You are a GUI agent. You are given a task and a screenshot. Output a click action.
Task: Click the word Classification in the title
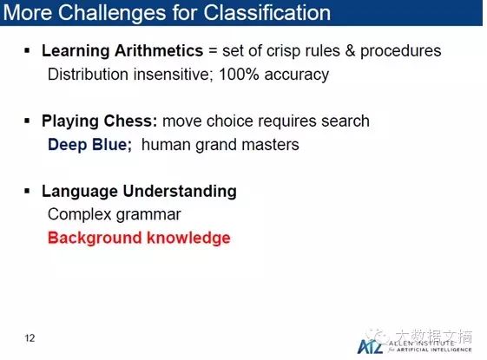pyautogui.click(x=267, y=12)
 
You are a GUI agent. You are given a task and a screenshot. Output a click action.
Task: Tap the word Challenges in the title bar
pyautogui.click(x=112, y=13)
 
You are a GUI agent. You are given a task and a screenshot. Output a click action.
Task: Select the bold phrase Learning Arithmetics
pyautogui.click(x=122, y=51)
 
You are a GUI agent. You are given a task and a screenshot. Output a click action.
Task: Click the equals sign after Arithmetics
pyautogui.click(x=213, y=50)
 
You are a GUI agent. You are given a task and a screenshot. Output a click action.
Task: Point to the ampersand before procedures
pyautogui.click(x=350, y=50)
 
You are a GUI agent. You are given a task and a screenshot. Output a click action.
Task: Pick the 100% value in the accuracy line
pyautogui.click(x=239, y=75)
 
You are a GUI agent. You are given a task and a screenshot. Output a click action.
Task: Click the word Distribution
pyautogui.click(x=88, y=75)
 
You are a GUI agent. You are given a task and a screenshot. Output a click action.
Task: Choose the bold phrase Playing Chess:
pyautogui.click(x=100, y=121)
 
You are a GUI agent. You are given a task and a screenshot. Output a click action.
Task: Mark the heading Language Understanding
pyautogui.click(x=139, y=191)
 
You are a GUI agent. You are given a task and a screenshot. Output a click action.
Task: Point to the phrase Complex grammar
pyautogui.click(x=114, y=214)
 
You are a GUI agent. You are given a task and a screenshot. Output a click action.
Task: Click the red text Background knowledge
pyautogui.click(x=139, y=238)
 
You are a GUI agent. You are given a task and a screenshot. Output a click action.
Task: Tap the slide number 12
pyautogui.click(x=30, y=338)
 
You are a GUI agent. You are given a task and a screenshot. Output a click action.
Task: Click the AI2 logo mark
pyautogui.click(x=370, y=346)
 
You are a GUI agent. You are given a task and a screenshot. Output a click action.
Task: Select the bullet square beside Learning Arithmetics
pyautogui.click(x=27, y=50)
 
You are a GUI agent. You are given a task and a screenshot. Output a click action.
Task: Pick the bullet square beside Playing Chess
pyautogui.click(x=27, y=121)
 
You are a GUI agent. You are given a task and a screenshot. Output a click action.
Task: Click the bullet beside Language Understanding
pyautogui.click(x=27, y=191)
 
